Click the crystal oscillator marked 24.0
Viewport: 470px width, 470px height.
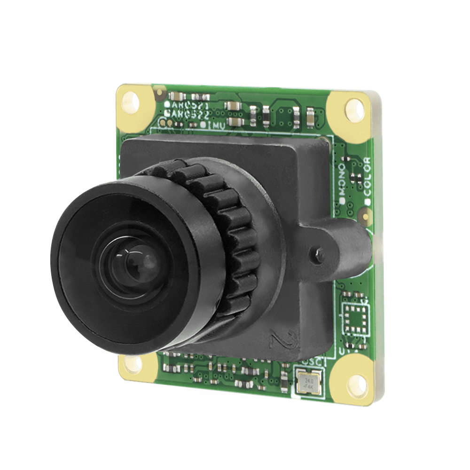[308, 380]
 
